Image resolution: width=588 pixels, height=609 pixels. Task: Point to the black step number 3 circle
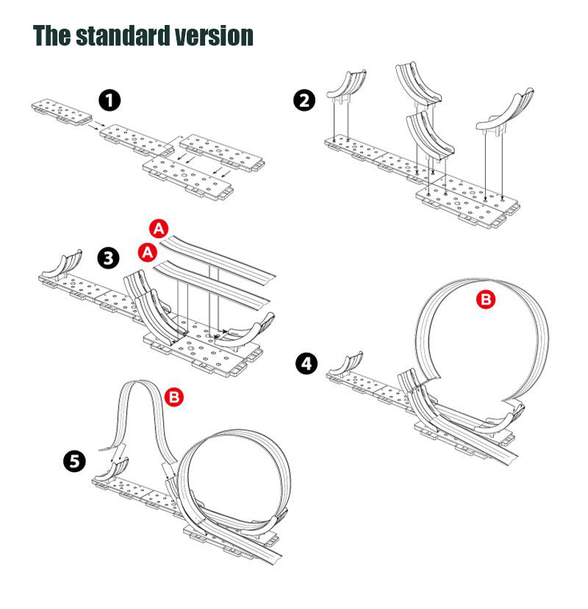point(109,258)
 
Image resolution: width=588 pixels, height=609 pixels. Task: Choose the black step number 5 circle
point(73,461)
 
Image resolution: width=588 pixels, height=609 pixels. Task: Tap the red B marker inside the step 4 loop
point(484,299)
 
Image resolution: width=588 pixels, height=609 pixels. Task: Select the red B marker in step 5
point(174,397)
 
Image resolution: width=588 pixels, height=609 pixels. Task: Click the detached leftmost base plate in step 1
point(60,113)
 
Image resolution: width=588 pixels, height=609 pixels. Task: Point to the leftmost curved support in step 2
point(345,85)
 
